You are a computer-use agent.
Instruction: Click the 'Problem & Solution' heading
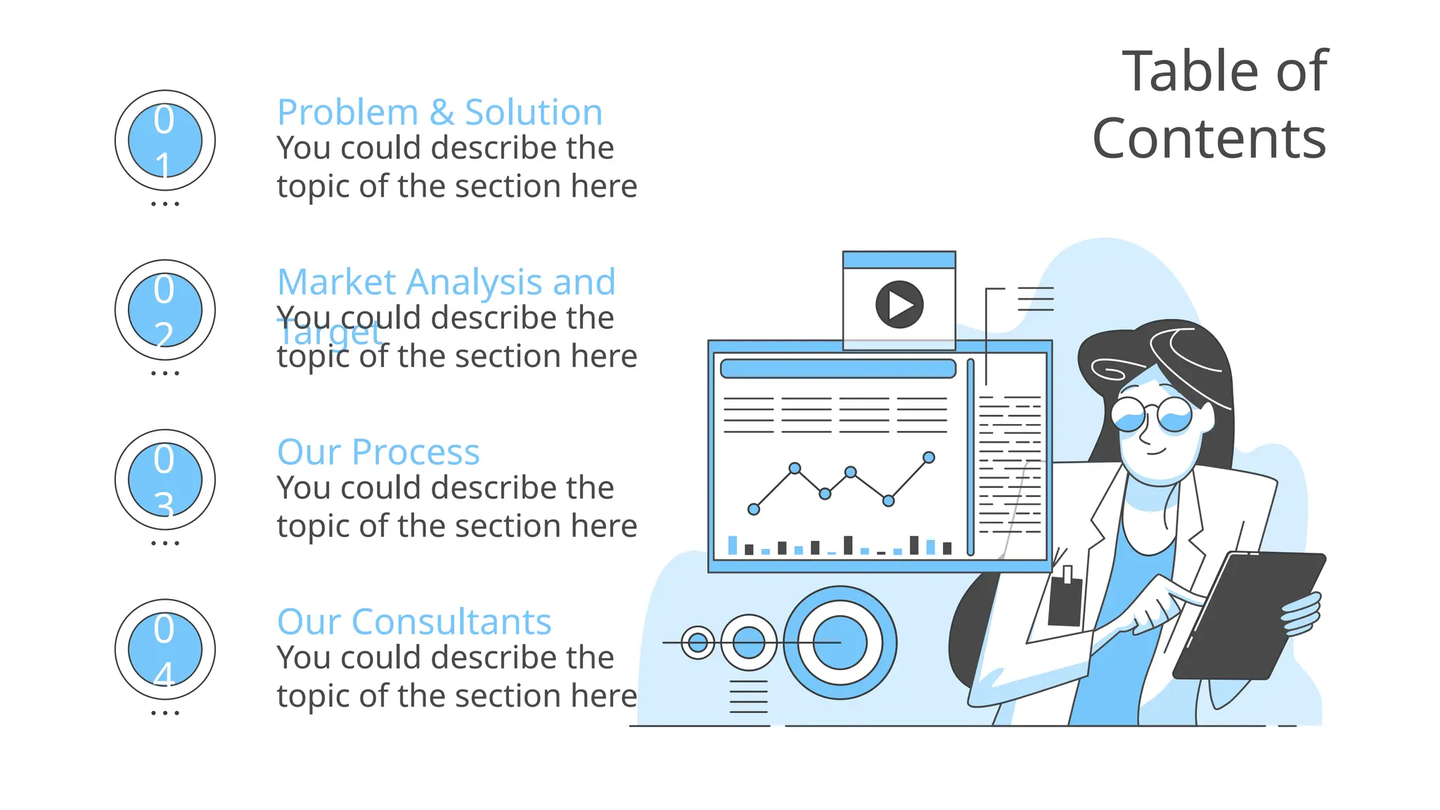439,112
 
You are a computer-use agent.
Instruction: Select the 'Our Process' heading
378,452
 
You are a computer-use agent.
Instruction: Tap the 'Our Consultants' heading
414,622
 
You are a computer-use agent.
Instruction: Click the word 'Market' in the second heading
337,283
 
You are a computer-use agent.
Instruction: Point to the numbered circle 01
165,141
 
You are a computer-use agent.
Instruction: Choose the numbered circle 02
165,310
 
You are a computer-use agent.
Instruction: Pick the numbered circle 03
165,480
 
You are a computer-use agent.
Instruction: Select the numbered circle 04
165,650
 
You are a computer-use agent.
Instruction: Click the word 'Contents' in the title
1209,139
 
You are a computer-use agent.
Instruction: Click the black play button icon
899,304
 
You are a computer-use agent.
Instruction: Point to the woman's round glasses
1152,415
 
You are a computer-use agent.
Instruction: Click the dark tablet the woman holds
1248,615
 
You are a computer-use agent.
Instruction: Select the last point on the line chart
929,458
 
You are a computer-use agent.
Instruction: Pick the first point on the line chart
754,509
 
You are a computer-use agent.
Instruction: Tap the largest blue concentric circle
840,643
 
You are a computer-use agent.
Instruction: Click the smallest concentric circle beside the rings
698,642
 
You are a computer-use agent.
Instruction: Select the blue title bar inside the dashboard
838,368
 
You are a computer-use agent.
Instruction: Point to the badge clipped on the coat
1065,598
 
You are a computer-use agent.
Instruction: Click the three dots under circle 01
165,204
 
